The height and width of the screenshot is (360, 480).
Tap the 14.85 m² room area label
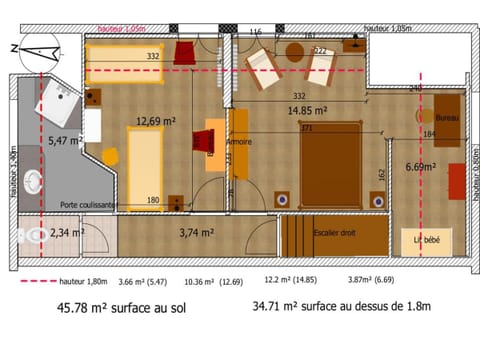(x=309, y=111)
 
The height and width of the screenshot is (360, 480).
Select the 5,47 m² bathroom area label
(x=65, y=141)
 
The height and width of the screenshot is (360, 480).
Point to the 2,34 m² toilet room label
(x=66, y=233)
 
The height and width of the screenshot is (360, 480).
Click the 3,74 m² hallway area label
(x=196, y=233)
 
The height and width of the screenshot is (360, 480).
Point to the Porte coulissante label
(x=89, y=205)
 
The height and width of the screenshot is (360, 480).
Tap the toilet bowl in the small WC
(x=27, y=237)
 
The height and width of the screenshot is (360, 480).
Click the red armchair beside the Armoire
(x=211, y=140)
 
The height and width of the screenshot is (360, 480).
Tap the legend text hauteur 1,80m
(x=82, y=282)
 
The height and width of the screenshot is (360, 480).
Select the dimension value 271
(x=308, y=129)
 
